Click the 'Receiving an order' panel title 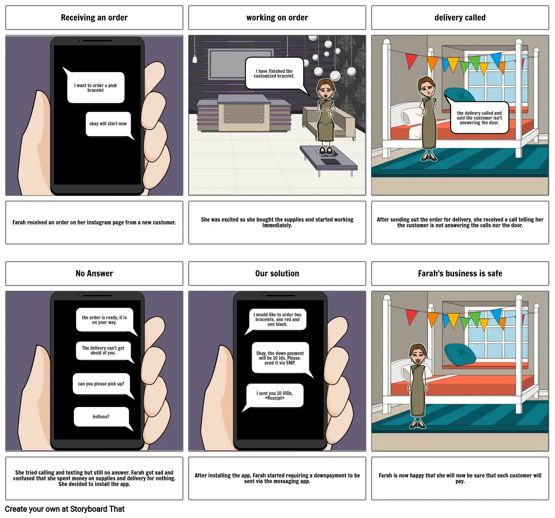(x=94, y=18)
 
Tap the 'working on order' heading (x=277, y=18)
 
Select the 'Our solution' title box (x=277, y=274)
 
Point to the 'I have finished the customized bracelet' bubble (x=275, y=74)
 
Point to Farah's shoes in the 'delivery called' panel (x=429, y=157)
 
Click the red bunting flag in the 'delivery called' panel (x=411, y=61)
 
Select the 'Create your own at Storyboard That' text (x=65, y=509)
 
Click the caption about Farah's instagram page (x=94, y=223)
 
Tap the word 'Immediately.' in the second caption (x=277, y=225)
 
